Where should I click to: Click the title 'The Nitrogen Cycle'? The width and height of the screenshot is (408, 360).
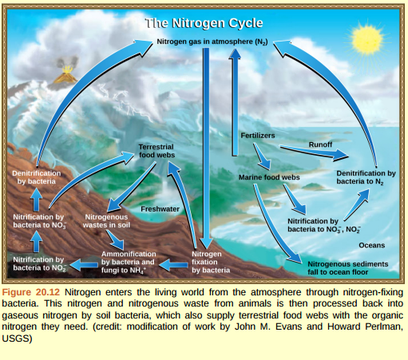coord(204,23)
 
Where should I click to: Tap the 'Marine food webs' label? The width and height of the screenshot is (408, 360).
coord(268,176)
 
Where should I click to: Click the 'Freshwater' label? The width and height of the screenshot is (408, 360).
coord(160,208)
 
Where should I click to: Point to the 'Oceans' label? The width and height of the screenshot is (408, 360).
coord(371,244)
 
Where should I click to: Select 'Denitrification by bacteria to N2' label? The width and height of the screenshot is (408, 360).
coord(366,177)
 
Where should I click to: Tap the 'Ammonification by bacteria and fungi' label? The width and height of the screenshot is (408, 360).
coord(128,262)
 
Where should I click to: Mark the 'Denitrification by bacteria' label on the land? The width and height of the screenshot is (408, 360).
coord(37,177)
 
